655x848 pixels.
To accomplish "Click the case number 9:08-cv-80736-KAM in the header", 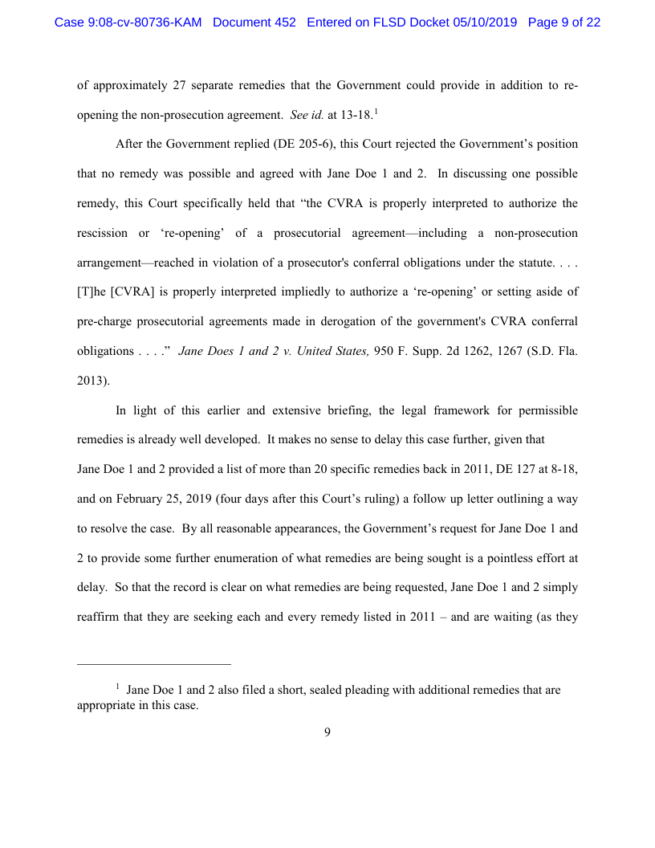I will [128, 22].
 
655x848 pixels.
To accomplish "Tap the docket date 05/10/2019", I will [488, 22].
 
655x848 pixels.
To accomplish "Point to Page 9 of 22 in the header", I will [564, 22].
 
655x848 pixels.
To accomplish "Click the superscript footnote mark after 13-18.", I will [376, 111].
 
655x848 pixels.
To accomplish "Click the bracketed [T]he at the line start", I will [92, 291].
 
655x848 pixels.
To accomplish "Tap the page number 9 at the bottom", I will [327, 732].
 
